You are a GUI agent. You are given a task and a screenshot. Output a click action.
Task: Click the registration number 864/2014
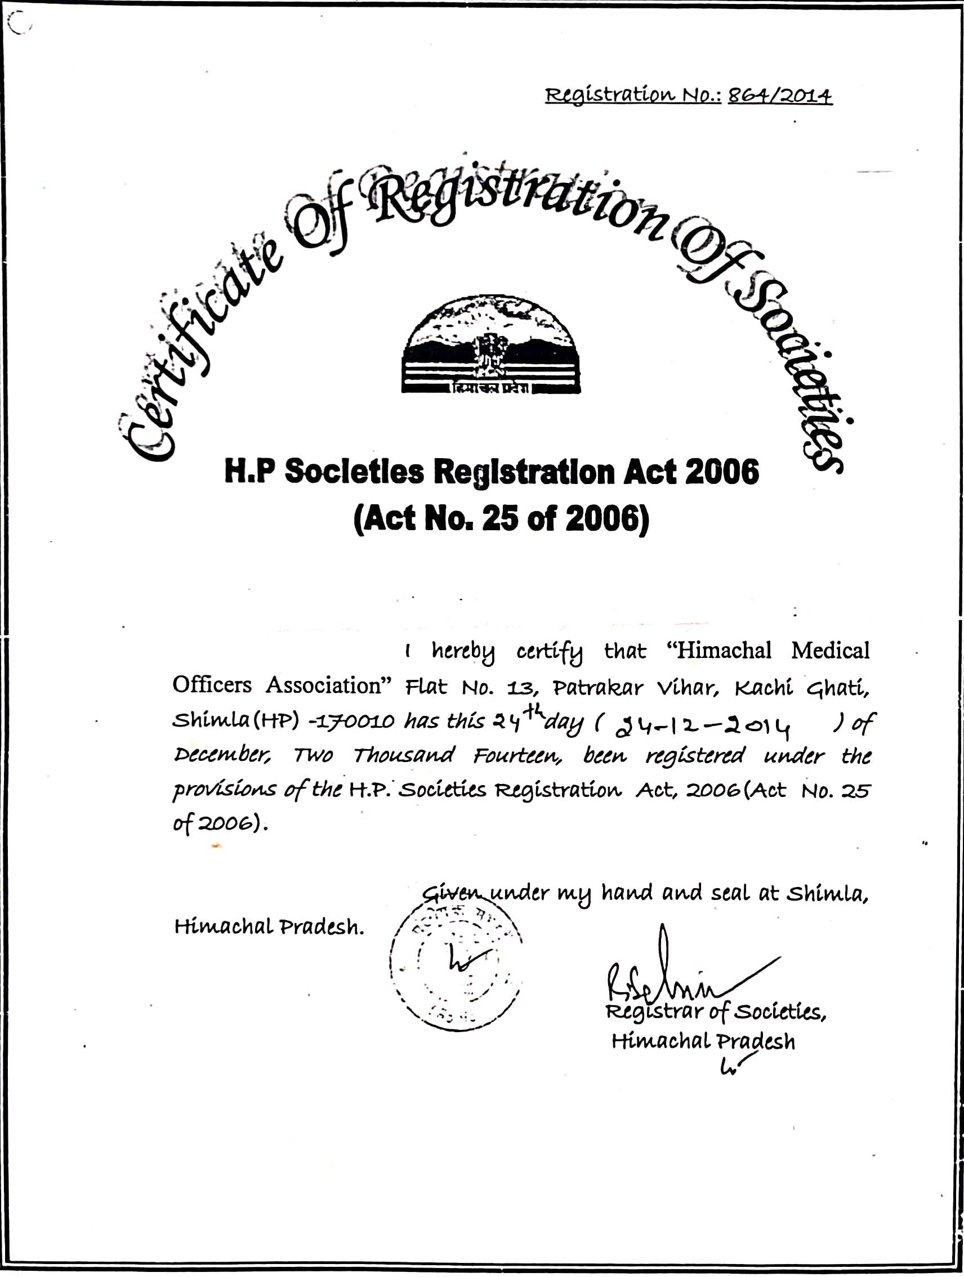pyautogui.click(x=780, y=96)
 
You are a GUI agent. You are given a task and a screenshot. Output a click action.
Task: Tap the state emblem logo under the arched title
pyautogui.click(x=491, y=345)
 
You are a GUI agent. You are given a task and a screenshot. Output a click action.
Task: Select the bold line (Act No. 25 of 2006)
pyautogui.click(x=501, y=518)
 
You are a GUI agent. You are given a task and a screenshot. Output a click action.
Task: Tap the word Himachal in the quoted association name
pyautogui.click(x=724, y=651)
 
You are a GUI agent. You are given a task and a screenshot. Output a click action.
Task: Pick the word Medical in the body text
pyautogui.click(x=830, y=651)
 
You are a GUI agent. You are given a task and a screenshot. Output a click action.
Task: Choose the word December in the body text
pyautogui.click(x=222, y=756)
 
